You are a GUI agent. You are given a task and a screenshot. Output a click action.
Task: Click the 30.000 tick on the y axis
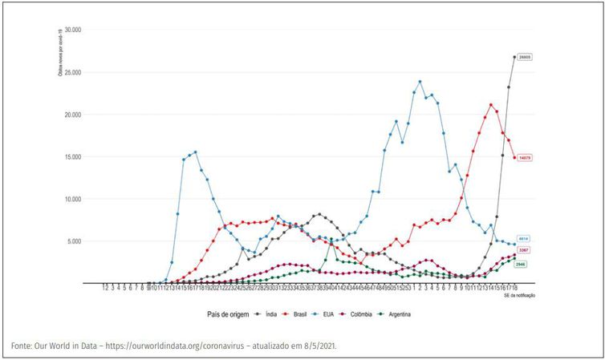71,30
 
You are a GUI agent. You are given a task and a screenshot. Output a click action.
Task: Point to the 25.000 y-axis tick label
71,72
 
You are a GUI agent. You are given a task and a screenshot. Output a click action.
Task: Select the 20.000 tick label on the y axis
71,115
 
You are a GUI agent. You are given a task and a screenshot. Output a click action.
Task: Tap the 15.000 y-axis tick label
71,156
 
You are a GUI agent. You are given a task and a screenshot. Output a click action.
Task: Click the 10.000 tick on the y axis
71,199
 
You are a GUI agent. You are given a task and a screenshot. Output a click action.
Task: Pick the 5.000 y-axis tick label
73,241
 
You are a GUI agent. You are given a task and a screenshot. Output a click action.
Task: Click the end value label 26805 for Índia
526,58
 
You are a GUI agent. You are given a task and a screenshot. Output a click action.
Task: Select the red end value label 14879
526,157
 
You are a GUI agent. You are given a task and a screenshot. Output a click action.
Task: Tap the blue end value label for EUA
523,239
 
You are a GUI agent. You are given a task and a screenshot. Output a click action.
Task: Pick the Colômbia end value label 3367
523,250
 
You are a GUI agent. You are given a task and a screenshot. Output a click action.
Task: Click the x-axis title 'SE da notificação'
519,296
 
